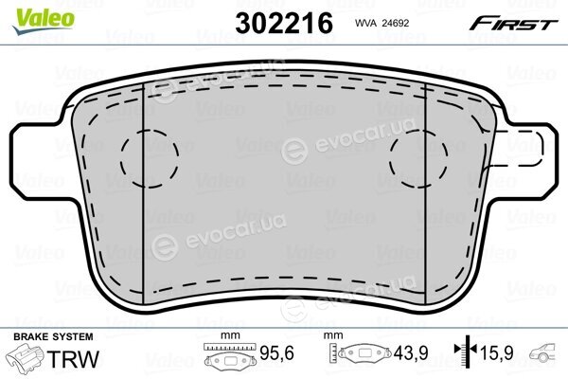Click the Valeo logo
click(x=44, y=21)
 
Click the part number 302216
click(x=284, y=23)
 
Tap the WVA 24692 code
click(x=382, y=23)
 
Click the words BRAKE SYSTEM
click(x=53, y=337)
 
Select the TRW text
click(x=73, y=359)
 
